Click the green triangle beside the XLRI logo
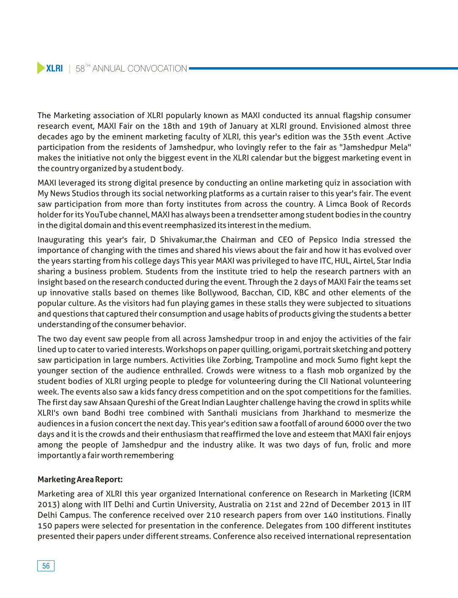click(41, 68)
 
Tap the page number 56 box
click(46, 566)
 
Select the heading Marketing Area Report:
click(80, 479)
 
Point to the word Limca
click(337, 204)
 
